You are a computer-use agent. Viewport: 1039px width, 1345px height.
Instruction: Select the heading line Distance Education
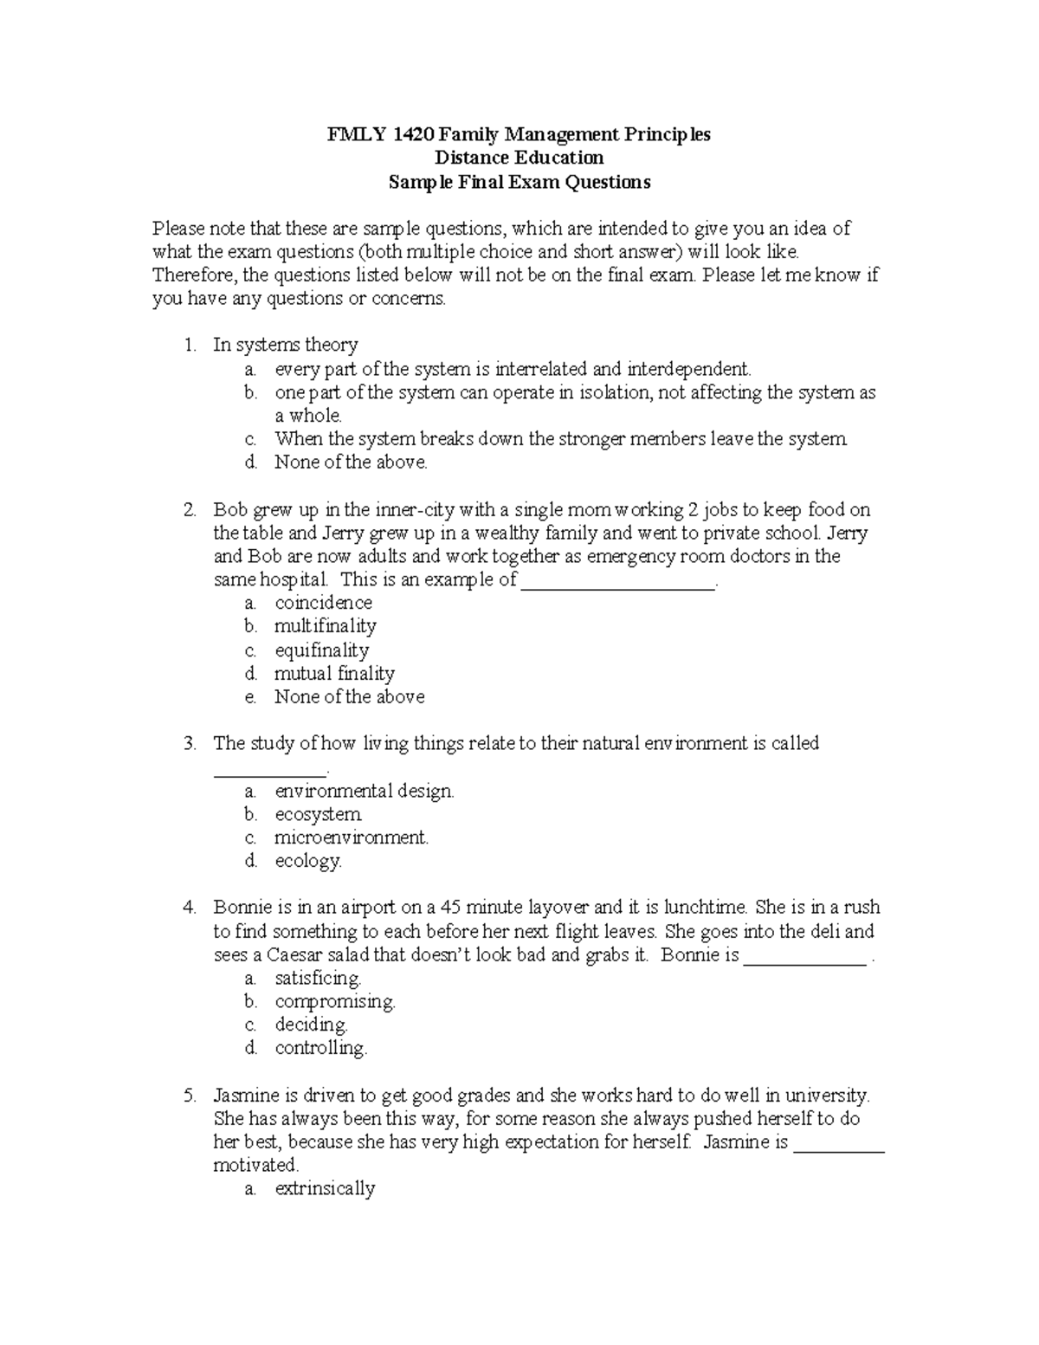click(x=519, y=158)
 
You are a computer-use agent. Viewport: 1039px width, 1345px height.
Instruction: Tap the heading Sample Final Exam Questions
click(x=519, y=182)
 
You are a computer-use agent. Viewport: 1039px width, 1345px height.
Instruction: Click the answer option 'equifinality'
click(x=321, y=650)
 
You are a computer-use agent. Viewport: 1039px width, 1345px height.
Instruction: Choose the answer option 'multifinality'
click(x=325, y=626)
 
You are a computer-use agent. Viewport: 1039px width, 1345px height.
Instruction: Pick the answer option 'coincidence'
click(x=323, y=603)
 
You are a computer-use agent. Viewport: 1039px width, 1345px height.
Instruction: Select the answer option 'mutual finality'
click(x=334, y=674)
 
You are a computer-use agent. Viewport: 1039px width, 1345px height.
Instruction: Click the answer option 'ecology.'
click(x=308, y=861)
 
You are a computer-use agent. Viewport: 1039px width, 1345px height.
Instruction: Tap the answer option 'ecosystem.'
click(x=319, y=814)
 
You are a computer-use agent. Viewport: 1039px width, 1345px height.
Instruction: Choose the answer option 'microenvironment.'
click(x=352, y=837)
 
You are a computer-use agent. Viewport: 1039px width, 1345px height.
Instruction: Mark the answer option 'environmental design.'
click(x=365, y=791)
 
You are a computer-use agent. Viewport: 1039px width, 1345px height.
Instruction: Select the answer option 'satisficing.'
click(x=318, y=979)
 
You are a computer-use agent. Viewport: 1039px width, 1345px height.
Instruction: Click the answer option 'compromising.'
click(x=335, y=1002)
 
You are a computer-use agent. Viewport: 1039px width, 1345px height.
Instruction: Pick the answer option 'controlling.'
click(x=321, y=1049)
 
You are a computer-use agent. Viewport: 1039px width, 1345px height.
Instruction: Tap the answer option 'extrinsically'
click(x=325, y=1189)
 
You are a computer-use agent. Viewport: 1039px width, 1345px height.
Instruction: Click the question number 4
click(x=189, y=908)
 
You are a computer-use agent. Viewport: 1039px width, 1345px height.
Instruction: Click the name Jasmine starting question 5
click(x=246, y=1096)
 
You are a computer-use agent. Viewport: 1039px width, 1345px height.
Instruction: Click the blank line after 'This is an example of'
click(x=618, y=581)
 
